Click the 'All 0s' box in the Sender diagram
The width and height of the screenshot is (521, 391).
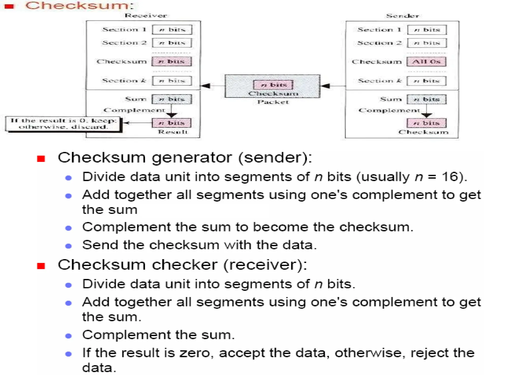[426, 62]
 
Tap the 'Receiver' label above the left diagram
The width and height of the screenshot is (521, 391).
[146, 16]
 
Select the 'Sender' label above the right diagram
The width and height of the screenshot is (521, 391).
[402, 16]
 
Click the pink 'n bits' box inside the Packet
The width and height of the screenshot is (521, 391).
[273, 85]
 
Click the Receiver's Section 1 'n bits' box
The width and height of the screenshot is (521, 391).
[172, 30]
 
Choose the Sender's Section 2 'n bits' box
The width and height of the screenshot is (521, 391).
[427, 43]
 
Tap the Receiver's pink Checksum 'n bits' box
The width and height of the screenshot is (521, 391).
[171, 61]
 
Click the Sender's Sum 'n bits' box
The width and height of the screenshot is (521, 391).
[426, 99]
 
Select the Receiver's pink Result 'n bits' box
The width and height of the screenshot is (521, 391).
[171, 123]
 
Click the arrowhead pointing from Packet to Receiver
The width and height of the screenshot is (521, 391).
[206, 86]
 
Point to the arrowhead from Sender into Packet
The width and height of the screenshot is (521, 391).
[325, 86]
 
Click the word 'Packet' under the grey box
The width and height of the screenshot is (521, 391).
[273, 102]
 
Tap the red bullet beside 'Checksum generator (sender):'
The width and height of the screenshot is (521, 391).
[41, 159]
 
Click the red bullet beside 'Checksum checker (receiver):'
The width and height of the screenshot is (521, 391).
[41, 266]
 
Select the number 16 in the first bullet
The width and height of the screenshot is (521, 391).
[450, 176]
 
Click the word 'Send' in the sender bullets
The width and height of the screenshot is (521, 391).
[100, 245]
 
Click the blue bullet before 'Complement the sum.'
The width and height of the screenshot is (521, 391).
[68, 336]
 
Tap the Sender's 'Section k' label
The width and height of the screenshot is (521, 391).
[379, 81]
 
